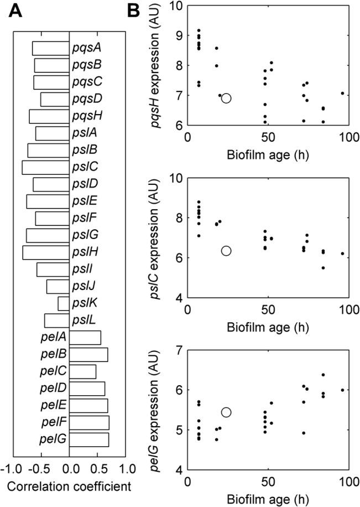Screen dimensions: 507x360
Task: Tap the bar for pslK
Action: click(63, 303)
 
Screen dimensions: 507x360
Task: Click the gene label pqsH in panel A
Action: click(84, 116)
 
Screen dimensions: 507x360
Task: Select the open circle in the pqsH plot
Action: click(226, 99)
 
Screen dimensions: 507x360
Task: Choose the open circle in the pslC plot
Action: click(226, 251)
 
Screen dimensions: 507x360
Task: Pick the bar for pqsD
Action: click(55, 100)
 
